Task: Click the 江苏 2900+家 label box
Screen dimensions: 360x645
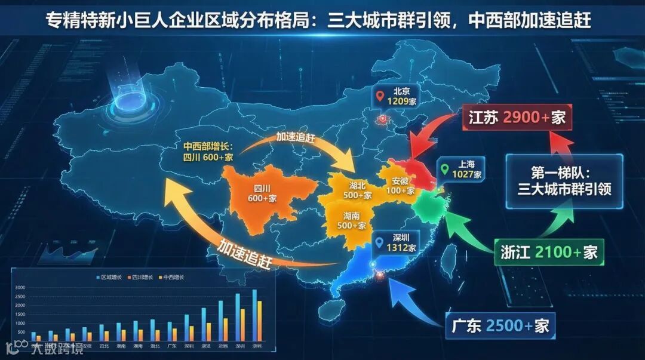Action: point(517,117)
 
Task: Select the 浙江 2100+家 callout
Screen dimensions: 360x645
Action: point(549,252)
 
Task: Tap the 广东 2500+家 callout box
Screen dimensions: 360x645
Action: point(500,326)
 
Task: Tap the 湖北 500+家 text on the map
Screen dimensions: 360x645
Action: point(358,190)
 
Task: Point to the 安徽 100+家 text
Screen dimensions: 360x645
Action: point(400,186)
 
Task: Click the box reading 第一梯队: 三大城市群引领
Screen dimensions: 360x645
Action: point(564,181)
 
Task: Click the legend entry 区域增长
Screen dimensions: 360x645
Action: point(110,277)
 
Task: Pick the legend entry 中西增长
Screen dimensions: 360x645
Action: point(171,277)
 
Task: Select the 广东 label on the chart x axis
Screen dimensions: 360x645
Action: point(173,346)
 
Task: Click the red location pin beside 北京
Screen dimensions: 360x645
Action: point(379,95)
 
